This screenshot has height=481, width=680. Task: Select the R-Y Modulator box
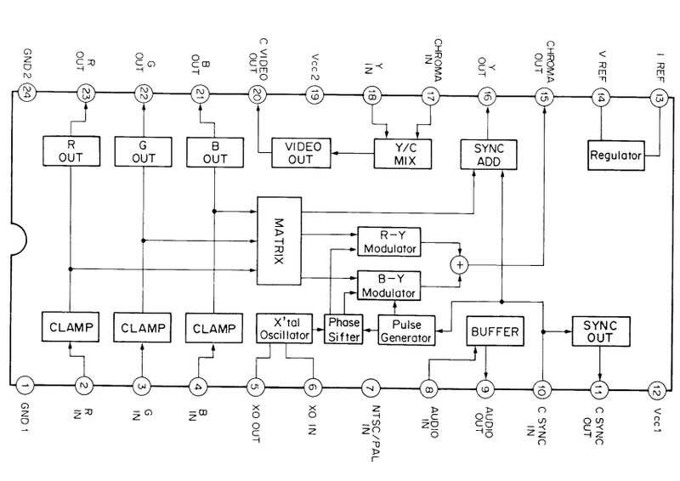click(x=388, y=240)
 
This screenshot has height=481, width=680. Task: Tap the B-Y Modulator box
click(x=388, y=284)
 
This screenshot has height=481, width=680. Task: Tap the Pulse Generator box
click(x=405, y=329)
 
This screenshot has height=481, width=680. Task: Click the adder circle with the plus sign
click(x=460, y=264)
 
